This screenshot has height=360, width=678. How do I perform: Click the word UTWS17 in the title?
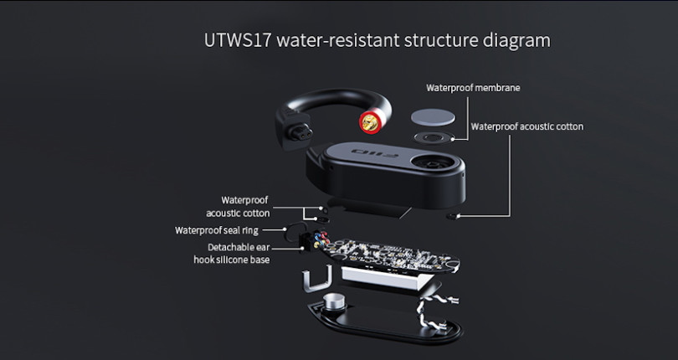(238, 40)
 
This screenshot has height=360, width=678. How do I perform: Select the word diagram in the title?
(516, 41)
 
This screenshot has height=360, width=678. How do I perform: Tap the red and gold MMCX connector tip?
(370, 122)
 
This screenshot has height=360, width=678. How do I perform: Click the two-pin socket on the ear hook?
(301, 133)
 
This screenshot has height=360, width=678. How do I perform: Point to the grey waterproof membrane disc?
(433, 117)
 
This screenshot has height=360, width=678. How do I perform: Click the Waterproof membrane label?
(473, 88)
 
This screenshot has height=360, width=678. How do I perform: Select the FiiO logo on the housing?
(374, 152)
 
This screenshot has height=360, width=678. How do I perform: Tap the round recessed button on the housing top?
(433, 162)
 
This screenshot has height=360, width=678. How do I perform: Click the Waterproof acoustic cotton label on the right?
(527, 126)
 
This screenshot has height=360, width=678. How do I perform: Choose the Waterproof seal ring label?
(217, 230)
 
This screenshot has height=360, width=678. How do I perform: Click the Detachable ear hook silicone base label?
(232, 254)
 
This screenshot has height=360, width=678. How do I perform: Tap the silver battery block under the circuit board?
(386, 279)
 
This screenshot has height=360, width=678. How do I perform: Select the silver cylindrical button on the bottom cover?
(335, 301)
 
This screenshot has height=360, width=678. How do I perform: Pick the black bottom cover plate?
(385, 320)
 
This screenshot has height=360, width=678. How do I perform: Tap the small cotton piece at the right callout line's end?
(453, 216)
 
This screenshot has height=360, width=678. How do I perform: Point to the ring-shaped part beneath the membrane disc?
(433, 138)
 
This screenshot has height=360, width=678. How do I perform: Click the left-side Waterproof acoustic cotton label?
(238, 207)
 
